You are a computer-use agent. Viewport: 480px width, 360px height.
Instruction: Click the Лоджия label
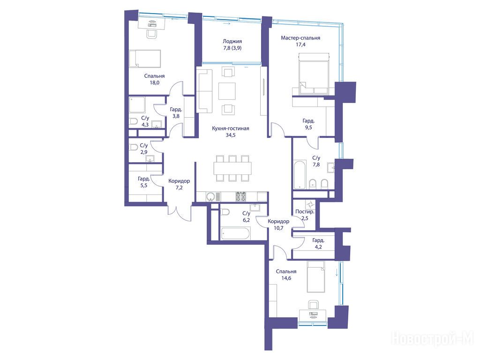232,41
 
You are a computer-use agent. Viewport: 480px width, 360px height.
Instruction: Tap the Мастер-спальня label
300,38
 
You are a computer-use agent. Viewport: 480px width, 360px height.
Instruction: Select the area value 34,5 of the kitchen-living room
231,135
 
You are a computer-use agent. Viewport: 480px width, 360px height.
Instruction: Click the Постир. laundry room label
305,211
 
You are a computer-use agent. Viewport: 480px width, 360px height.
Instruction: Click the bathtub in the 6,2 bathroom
235,233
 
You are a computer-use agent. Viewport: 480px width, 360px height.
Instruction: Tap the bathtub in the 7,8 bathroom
300,174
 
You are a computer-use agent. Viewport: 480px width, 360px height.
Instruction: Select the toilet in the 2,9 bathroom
134,148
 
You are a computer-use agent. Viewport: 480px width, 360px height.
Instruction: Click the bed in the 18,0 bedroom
145,59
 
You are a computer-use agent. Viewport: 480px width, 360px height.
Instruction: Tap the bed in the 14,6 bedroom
316,277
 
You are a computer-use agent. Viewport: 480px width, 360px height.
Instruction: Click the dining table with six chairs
232,168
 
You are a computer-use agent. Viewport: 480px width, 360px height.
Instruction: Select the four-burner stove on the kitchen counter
240,196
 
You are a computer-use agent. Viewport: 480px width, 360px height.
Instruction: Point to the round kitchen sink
210,196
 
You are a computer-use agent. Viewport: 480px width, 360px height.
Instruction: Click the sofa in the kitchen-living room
205,91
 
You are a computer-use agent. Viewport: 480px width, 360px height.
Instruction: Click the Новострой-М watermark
433,339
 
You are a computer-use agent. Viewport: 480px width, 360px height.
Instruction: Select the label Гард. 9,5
308,124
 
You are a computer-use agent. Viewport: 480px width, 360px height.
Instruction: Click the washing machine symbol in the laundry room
310,204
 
